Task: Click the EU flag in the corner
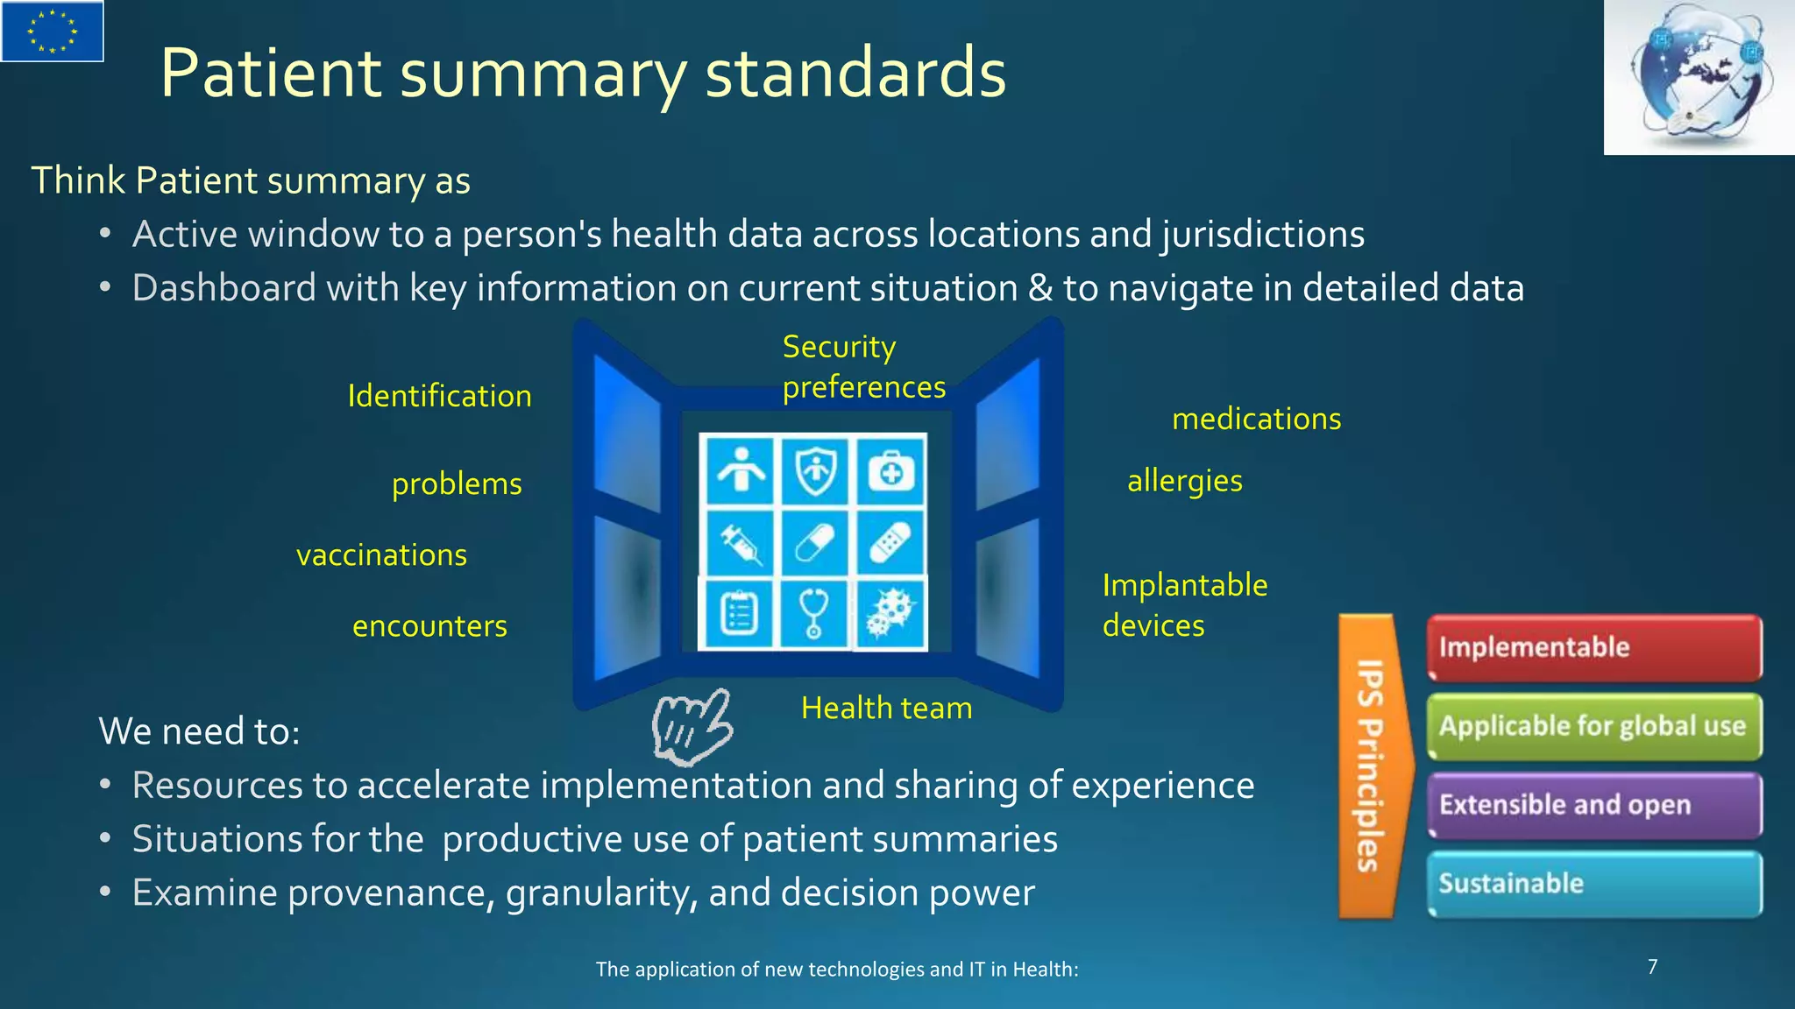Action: click(53, 31)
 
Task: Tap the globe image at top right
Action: click(1699, 77)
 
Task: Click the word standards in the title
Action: click(855, 73)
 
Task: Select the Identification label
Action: click(439, 396)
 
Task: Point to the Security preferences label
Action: click(863, 367)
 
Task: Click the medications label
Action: click(1256, 419)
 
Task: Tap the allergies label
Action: click(1184, 481)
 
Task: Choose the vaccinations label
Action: click(381, 555)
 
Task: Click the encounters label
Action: click(429, 626)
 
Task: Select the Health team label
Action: click(886, 708)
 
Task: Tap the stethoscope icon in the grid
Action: click(814, 612)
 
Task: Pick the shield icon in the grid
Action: click(815, 471)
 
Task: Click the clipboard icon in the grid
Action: click(739, 613)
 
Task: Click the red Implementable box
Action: click(1594, 647)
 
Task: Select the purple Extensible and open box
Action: click(1594, 805)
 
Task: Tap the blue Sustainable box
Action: click(1594, 884)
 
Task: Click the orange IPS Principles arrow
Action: click(1372, 766)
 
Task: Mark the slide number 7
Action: click(1652, 967)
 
